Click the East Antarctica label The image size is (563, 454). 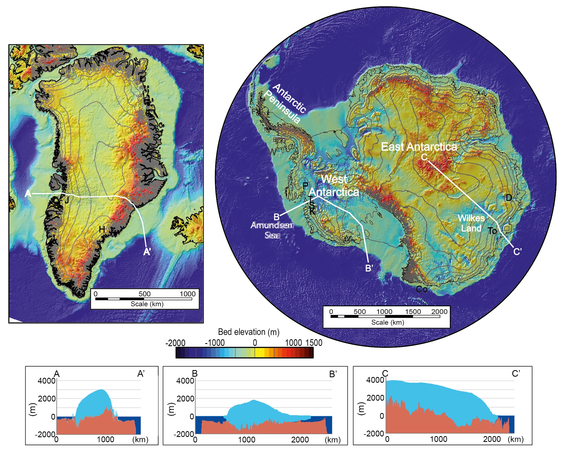[419, 147]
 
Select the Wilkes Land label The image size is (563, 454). [471, 223]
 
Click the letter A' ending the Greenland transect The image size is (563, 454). [147, 251]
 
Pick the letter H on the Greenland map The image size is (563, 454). [102, 229]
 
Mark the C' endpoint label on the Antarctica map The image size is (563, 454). [517, 251]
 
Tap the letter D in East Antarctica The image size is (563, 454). [509, 198]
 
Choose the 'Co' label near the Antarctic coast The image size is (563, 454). [422, 289]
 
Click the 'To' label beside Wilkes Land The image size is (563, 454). [492, 231]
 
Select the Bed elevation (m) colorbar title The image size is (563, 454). [248, 332]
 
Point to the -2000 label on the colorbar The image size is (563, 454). [175, 343]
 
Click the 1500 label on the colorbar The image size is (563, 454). [314, 343]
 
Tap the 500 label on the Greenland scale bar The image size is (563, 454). [144, 294]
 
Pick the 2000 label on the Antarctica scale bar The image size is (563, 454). [439, 311]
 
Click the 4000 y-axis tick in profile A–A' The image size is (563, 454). [47, 381]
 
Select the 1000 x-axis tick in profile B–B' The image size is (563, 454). [247, 440]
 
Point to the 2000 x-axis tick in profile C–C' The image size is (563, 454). [492, 439]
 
